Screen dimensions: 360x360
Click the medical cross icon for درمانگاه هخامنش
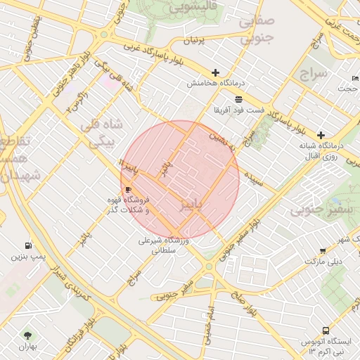(x=215, y=72)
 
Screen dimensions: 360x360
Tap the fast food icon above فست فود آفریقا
(x=238, y=99)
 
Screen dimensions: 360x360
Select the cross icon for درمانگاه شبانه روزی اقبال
(x=321, y=135)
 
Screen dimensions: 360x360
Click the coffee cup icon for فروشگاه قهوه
(x=128, y=190)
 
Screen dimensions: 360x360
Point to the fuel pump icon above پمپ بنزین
(x=28, y=245)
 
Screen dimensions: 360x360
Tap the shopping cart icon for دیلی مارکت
(x=323, y=250)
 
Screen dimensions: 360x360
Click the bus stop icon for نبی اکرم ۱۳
(x=326, y=330)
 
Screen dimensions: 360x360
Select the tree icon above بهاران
(x=28, y=335)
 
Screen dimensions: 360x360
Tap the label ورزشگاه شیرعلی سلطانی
(x=163, y=245)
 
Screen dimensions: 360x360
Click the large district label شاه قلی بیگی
(x=105, y=133)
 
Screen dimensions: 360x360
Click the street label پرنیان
(x=193, y=39)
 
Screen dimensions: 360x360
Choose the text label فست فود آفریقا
(x=240, y=110)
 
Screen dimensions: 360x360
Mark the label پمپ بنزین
(x=28, y=257)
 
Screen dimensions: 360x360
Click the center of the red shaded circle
(x=180, y=180)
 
